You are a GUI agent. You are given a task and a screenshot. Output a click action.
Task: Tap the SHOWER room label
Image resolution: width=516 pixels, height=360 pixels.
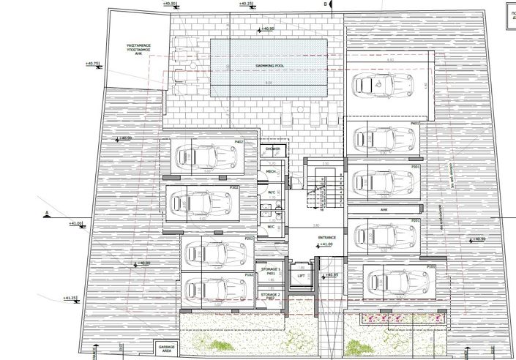[272, 148]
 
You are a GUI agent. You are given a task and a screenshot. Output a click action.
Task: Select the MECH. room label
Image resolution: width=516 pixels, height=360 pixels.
[271, 172]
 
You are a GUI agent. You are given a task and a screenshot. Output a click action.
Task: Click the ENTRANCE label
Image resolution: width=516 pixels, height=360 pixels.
[326, 238]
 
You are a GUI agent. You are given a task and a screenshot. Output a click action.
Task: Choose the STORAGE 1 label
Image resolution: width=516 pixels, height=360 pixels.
[271, 271]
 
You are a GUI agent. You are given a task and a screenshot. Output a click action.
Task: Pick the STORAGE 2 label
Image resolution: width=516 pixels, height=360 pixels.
[271, 295]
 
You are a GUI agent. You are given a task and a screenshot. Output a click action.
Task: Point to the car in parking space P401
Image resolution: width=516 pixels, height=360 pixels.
[383, 137]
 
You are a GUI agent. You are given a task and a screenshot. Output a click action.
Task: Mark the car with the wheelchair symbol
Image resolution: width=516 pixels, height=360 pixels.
[381, 85]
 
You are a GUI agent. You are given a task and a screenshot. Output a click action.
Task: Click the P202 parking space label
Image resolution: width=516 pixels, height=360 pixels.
[249, 239]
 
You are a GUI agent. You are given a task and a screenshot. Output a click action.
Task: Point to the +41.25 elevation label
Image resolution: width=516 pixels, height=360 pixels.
[70, 299]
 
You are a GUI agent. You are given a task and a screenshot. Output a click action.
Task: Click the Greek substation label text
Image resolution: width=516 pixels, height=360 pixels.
[136, 50]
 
